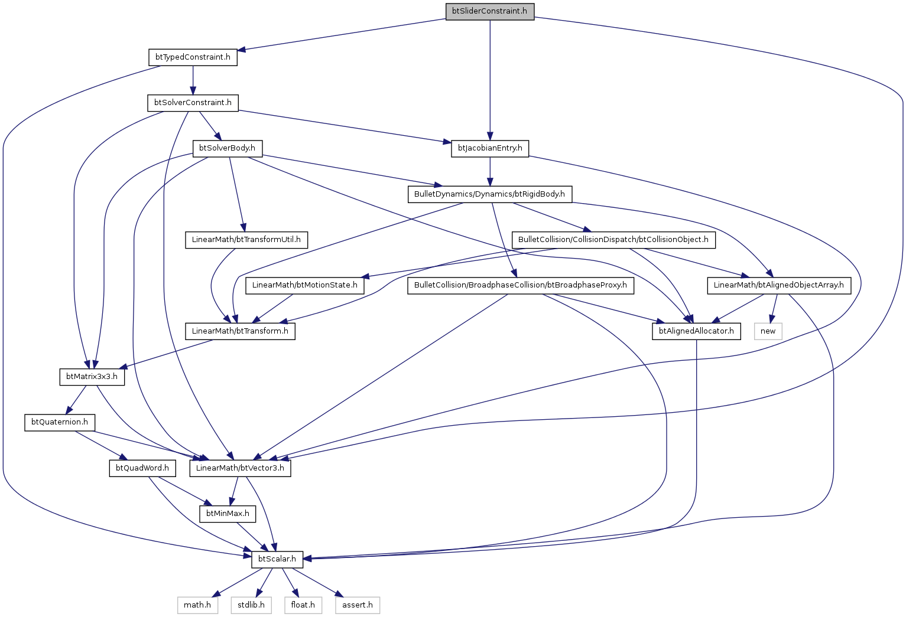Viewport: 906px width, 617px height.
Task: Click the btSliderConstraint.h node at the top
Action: [x=489, y=11]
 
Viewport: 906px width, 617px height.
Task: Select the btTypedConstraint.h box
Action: [x=193, y=57]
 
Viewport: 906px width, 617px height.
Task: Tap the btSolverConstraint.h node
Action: [x=193, y=103]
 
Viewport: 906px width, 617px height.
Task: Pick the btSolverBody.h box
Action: [x=228, y=148]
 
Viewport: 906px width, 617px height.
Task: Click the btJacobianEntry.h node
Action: [x=490, y=148]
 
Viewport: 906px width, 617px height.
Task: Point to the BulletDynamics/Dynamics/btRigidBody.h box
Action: [x=489, y=194]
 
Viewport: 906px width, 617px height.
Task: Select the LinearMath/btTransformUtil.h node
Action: [x=246, y=240]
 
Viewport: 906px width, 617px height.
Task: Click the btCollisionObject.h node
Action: [x=613, y=240]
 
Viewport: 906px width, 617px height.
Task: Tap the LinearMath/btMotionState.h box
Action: [x=305, y=285]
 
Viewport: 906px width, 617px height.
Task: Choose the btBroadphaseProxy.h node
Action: [x=521, y=285]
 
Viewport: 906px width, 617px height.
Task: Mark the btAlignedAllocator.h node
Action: [x=696, y=331]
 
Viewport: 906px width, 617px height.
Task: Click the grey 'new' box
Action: [x=768, y=331]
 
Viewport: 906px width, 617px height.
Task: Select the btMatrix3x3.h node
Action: [x=92, y=377]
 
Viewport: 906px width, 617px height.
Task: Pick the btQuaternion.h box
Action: [x=60, y=422]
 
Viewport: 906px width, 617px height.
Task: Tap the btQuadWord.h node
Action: [x=142, y=468]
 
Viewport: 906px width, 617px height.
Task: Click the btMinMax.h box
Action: [x=228, y=514]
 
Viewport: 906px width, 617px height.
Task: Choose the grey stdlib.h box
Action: [x=251, y=605]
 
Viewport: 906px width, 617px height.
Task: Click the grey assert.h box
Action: [x=358, y=605]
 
